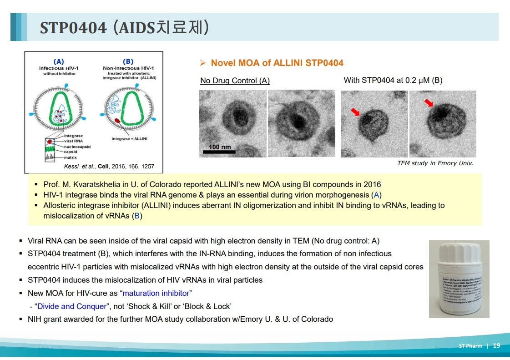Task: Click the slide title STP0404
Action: (x=73, y=28)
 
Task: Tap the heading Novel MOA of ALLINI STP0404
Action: (x=277, y=63)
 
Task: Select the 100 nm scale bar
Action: (x=220, y=151)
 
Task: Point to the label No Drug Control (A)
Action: (x=235, y=81)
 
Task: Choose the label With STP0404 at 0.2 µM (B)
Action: (x=393, y=80)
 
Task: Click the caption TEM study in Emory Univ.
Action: (x=435, y=163)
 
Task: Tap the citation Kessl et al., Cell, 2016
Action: (x=109, y=167)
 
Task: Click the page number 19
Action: (x=496, y=346)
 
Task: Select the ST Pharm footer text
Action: (x=470, y=346)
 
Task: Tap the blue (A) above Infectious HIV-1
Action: (x=59, y=61)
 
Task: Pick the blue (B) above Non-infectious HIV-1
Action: (x=128, y=61)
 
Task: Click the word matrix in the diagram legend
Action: (x=70, y=157)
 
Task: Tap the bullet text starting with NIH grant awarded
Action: (x=180, y=319)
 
